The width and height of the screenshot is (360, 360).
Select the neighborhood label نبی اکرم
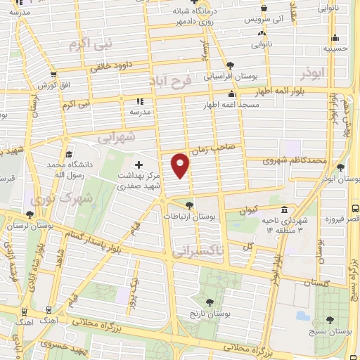coord(90,45)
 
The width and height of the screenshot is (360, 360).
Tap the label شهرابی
coord(117,136)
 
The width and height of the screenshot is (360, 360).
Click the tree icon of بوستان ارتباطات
coord(189,205)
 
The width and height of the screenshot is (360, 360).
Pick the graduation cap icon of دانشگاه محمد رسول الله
coord(68,154)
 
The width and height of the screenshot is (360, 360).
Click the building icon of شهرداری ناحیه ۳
coord(283,210)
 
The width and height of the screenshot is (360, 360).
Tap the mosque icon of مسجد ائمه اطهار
coord(231,94)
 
